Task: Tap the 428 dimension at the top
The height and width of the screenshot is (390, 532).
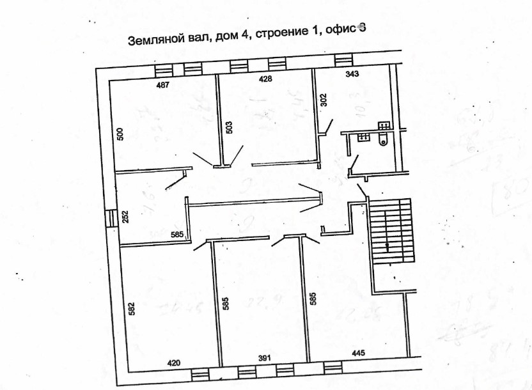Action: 265,79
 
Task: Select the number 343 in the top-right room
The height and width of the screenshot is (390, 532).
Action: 352,74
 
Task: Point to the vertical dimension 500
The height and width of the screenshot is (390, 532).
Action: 120,134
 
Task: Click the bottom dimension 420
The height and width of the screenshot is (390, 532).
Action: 174,363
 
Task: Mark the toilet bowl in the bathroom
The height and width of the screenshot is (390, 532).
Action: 382,142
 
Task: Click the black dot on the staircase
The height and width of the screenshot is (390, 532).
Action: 387,244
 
